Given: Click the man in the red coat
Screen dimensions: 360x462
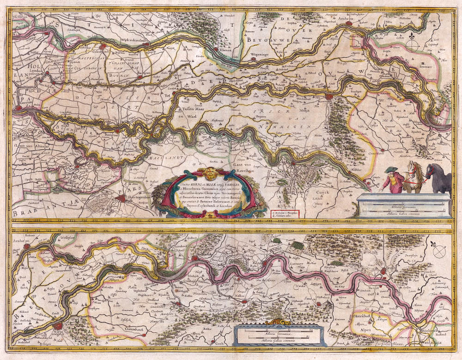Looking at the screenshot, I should pyautogui.click(x=391, y=180).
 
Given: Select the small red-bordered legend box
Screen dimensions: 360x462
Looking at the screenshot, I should pyautogui.click(x=285, y=213).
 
